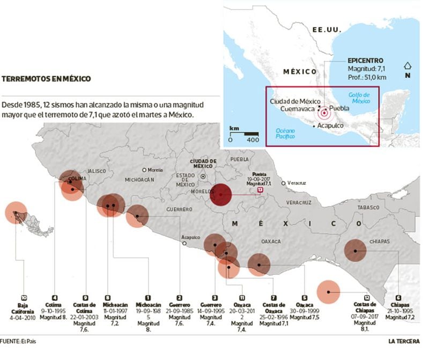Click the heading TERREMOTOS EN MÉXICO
pyautogui.click(x=46, y=79)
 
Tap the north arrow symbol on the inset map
pyautogui.click(x=408, y=68)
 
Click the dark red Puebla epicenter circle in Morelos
pyautogui.click(x=221, y=194)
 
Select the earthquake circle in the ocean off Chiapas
pyautogui.click(x=328, y=292)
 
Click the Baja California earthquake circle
pyautogui.click(x=16, y=212)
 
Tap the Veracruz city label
pyautogui.click(x=296, y=183)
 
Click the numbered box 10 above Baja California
pyautogui.click(x=24, y=297)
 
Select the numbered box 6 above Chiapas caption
pyautogui.click(x=398, y=297)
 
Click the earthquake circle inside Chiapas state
pyautogui.click(x=355, y=250)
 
